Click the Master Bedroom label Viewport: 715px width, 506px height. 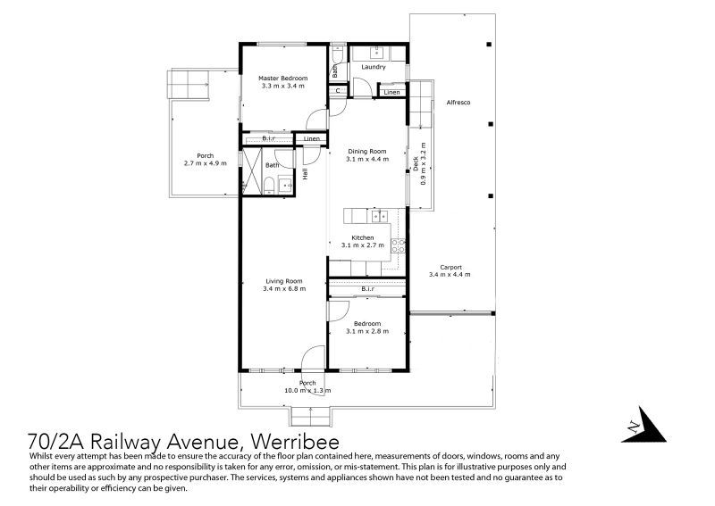point(282,79)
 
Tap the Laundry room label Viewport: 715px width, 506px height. point(374,67)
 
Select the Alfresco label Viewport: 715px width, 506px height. point(458,103)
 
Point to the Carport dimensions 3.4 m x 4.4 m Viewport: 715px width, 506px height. point(450,275)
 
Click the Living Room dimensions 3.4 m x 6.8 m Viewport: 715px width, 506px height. point(284,289)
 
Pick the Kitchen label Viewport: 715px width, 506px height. point(363,237)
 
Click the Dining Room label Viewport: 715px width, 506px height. point(367,151)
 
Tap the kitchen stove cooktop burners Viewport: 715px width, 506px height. point(398,246)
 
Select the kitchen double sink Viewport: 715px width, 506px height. point(379,216)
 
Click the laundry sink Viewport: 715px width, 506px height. point(378,53)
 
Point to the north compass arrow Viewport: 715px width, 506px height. point(643,426)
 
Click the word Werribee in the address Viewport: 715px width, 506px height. point(295,442)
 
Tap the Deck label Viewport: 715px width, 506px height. point(416,164)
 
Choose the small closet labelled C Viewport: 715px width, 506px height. point(338,91)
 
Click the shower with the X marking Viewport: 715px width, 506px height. point(251,171)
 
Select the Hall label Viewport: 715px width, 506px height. point(305,173)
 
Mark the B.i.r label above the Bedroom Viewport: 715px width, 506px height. point(368,289)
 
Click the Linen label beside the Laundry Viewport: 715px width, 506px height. point(391,93)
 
